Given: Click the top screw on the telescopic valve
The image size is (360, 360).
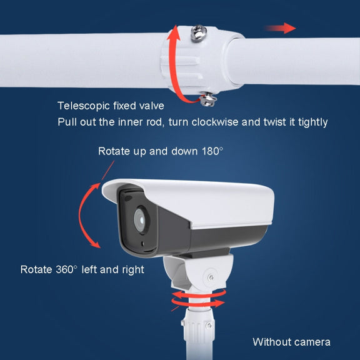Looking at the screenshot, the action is coord(199,34).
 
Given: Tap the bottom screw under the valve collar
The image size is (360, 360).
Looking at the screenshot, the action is coord(208,99).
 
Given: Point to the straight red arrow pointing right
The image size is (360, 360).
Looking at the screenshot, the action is coord(280,28).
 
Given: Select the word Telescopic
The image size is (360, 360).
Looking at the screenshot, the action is coord(84,106).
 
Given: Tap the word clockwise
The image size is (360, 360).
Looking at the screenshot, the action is coord(215,122).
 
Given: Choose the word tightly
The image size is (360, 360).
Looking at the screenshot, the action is coord(312,122).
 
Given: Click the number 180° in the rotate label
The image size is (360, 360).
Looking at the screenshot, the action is coord(212,151).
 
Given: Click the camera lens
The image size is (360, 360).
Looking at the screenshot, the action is coord(141,220).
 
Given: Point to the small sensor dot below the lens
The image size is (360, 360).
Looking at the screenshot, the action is coord(142,244).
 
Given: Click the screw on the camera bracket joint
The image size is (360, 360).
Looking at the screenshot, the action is coord(210,277).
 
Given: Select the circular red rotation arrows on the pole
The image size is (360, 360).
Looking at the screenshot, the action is coord(198,299).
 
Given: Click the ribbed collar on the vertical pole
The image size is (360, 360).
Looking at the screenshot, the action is coord(198,324).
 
